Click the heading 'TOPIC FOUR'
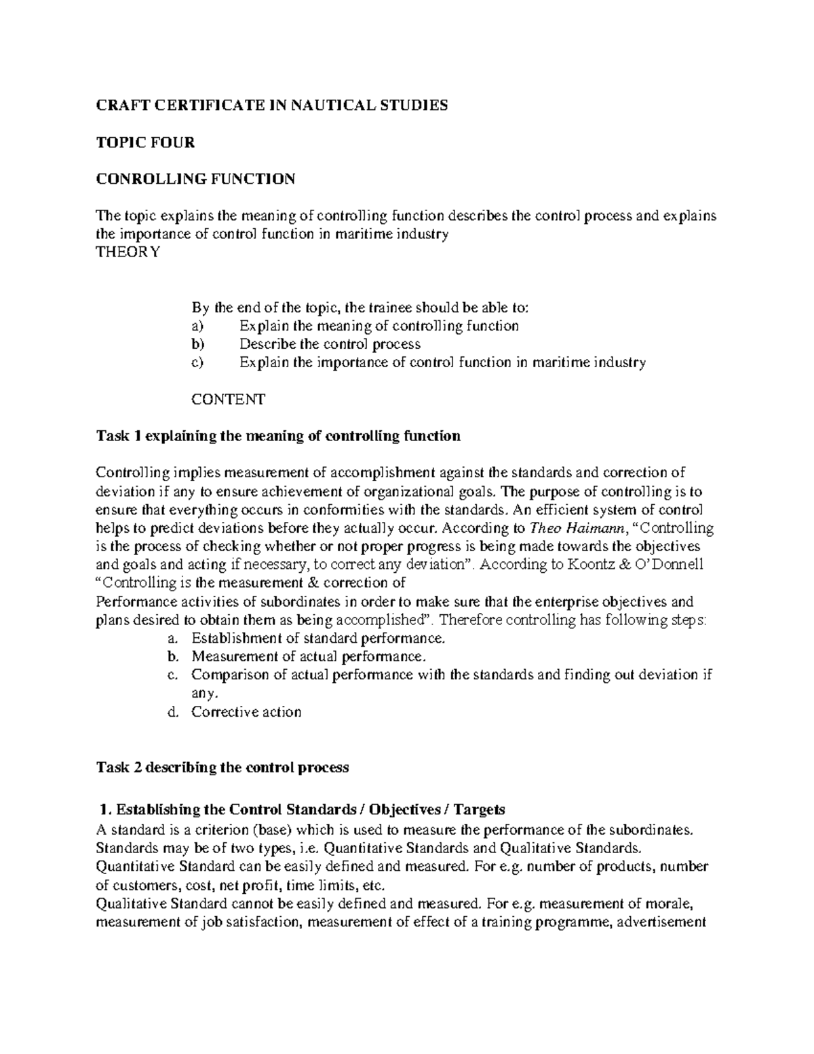pyautogui.click(x=145, y=143)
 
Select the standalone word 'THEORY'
pyautogui.click(x=128, y=252)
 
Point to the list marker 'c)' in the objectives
pyautogui.click(x=197, y=362)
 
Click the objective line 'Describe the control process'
pyautogui.click(x=330, y=344)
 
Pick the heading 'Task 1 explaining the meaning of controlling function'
pyautogui.click(x=278, y=436)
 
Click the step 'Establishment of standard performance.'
pyautogui.click(x=319, y=639)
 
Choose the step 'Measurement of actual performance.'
pyautogui.click(x=310, y=657)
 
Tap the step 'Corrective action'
pyautogui.click(x=246, y=712)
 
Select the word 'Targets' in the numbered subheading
pyautogui.click(x=479, y=810)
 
